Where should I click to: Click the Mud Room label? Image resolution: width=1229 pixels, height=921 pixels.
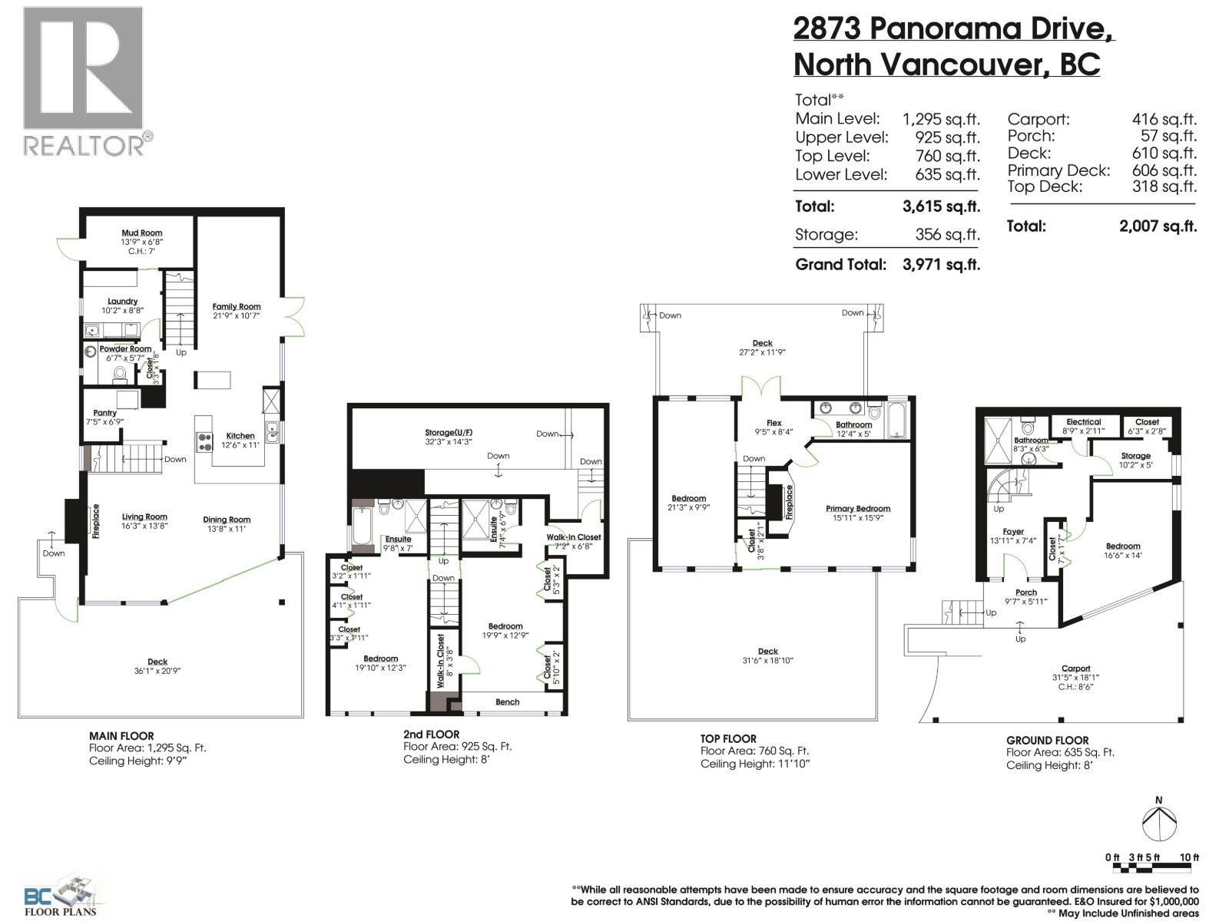(142, 233)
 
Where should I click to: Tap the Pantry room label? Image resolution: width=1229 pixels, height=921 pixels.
(104, 413)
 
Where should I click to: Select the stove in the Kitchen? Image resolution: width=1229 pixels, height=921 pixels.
(205, 441)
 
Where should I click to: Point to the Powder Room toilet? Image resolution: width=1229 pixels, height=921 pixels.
(120, 375)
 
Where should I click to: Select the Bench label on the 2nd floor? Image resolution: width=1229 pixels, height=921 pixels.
(507, 701)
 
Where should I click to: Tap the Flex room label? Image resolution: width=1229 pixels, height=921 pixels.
(774, 423)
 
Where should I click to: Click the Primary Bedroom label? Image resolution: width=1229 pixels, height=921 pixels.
(858, 508)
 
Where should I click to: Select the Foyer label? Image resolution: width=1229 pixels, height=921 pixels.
(1013, 531)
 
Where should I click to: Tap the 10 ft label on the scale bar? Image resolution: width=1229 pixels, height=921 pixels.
(1188, 857)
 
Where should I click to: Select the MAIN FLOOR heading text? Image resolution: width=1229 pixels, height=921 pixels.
(121, 735)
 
